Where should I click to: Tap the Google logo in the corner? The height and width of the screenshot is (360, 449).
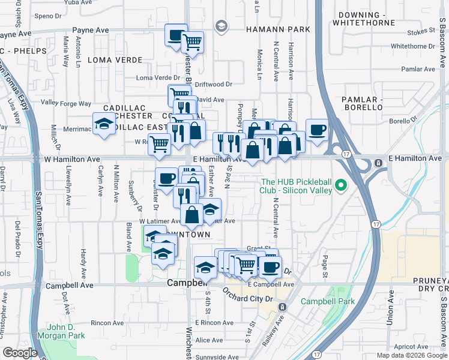(x=20, y=353)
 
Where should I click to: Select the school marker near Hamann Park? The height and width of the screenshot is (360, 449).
(x=221, y=26)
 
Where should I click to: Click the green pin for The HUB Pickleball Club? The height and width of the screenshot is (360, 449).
(x=342, y=185)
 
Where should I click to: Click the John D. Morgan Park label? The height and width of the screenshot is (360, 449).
(x=62, y=332)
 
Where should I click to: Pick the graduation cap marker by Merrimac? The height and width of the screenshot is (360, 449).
(x=103, y=124)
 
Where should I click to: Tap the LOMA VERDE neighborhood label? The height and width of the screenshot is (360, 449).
(x=115, y=60)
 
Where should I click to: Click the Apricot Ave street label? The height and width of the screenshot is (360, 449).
(x=412, y=346)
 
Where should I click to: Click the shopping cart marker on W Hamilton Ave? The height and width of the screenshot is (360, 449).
(x=159, y=144)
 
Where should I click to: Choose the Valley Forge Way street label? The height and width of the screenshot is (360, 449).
(x=66, y=103)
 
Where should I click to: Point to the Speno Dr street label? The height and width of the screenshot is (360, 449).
(x=49, y=16)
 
